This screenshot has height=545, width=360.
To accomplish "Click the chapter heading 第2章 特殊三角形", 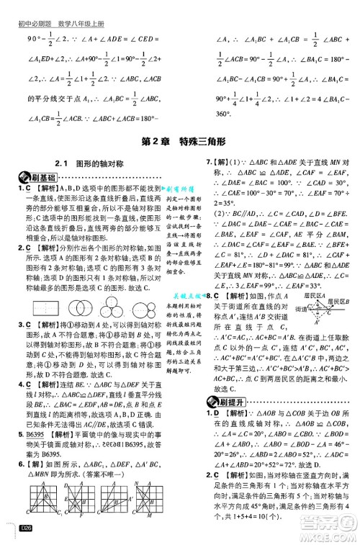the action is pos(179,140).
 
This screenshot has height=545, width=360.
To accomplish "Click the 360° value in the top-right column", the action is pos(225,114).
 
